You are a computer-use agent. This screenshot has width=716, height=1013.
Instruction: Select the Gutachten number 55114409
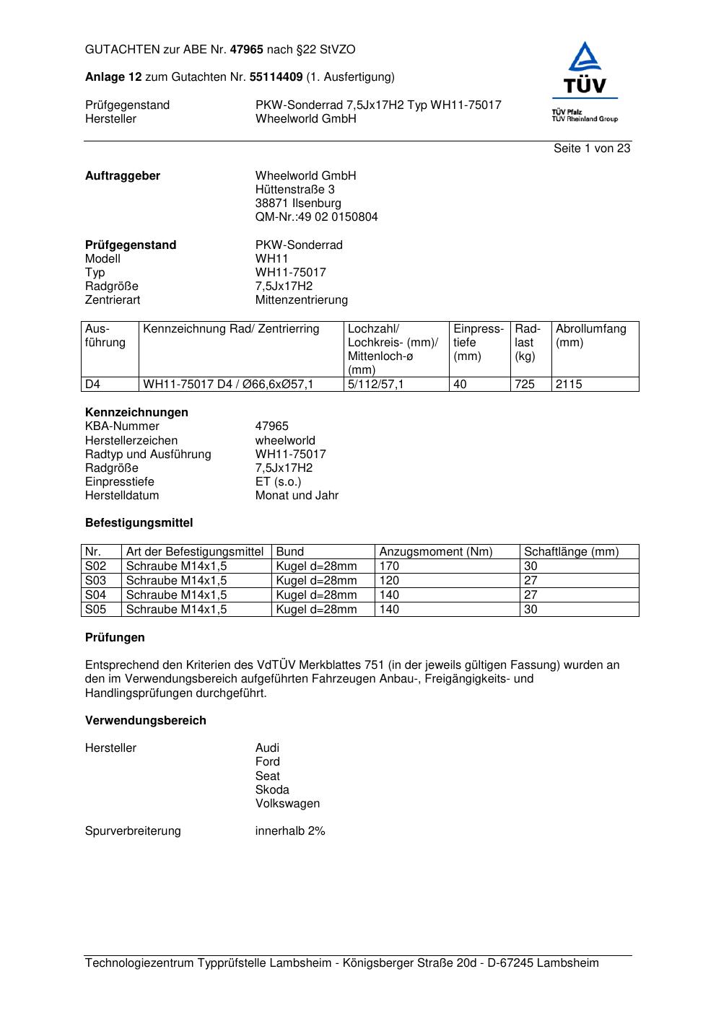pos(276,77)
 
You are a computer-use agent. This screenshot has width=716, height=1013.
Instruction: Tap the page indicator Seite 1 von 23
pos(592,149)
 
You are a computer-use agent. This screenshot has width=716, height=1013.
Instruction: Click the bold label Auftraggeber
pos(123,176)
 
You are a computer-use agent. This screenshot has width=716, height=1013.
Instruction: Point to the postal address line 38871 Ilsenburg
pos(298,203)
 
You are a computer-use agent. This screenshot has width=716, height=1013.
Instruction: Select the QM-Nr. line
pos(316,217)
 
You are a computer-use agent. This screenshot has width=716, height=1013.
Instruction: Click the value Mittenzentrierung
pos(301,300)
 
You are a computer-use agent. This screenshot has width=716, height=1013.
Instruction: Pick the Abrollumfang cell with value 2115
pos(569,385)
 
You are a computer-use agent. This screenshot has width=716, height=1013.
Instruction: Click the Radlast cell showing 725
pos(525,385)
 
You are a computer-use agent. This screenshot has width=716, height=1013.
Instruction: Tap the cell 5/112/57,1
pos(375,385)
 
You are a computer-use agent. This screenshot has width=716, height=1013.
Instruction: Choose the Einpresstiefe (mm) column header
pos(479,343)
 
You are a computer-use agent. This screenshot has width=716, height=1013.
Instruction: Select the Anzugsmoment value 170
pos(389,566)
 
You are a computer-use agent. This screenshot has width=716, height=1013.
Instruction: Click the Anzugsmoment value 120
pos(389,581)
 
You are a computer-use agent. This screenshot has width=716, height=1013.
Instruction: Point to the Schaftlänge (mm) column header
pos(571,552)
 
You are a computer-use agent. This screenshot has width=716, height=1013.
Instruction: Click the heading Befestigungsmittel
pos(139,523)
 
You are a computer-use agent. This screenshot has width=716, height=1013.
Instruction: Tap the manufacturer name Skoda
pos(272,790)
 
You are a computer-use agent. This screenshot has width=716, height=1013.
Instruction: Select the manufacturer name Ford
pos(267,762)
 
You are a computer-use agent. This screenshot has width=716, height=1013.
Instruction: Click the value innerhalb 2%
pos(290,831)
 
